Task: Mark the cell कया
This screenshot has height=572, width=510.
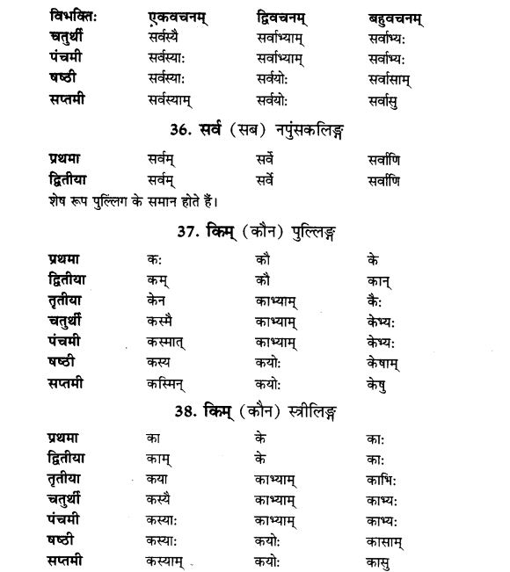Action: (x=158, y=479)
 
